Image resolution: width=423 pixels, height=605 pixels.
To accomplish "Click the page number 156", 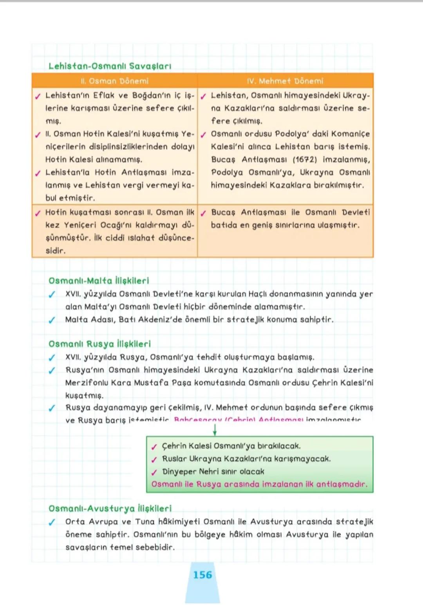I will click(202, 575).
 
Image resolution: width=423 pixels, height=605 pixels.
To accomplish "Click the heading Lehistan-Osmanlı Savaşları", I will click(110, 66).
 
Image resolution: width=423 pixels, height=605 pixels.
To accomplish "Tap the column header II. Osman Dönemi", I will click(114, 81).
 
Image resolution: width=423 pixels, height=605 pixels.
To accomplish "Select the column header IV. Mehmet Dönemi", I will click(285, 81).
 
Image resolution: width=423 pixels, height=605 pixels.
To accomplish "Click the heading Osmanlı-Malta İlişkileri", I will click(99, 281).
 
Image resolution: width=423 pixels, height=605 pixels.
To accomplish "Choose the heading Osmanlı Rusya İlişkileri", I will click(99, 344).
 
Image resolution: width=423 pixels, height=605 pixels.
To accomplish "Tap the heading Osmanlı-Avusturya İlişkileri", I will click(110, 508).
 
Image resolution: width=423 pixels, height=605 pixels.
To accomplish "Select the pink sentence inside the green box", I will click(259, 484).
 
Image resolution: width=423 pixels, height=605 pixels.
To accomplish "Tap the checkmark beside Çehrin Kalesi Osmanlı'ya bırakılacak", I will click(154, 446).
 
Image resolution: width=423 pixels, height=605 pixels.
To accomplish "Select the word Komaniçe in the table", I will click(350, 134).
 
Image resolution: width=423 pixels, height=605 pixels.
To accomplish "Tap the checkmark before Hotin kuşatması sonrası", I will click(38, 213).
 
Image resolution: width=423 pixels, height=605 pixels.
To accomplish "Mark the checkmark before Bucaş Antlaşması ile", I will click(203, 213).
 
